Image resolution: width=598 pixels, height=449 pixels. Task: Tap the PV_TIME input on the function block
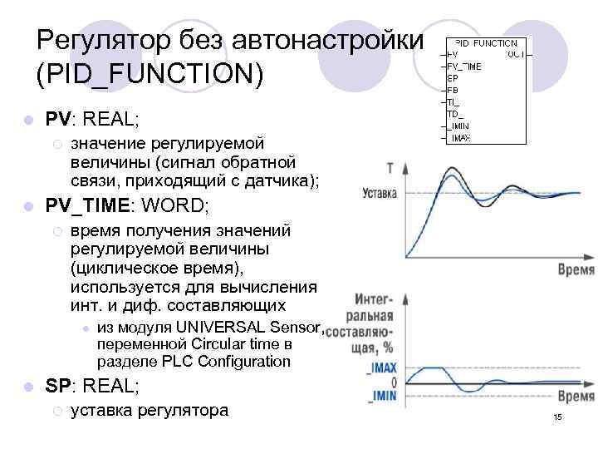coord(464,66)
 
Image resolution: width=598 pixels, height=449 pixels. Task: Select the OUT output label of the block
coord(515,54)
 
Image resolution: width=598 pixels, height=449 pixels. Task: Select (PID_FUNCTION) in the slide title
coord(149,74)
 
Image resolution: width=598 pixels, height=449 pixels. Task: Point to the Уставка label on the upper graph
coord(380,193)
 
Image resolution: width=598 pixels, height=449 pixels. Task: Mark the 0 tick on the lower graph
coord(394,382)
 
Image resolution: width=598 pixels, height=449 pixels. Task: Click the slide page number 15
coord(557,416)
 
